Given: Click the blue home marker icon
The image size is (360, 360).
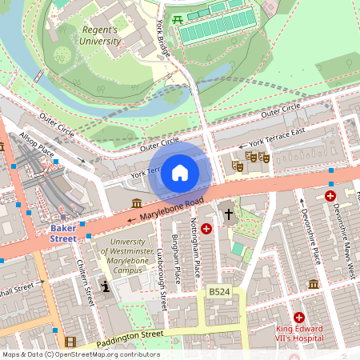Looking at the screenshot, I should coord(180,173).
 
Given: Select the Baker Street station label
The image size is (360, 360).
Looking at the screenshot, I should coord(64,233).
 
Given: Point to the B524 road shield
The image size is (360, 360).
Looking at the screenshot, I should coord(219,293).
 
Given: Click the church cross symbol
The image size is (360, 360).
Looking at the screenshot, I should coord(229,214).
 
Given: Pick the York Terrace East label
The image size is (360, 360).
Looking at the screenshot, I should coord(278,138).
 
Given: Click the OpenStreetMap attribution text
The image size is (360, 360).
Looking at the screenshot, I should coord(81,354).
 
